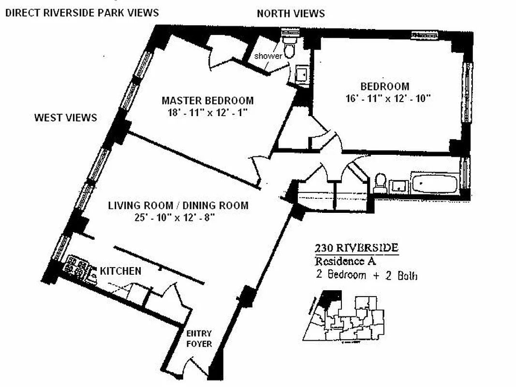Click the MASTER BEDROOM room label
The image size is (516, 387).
[207, 101]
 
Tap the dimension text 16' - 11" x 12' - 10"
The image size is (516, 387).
[384, 98]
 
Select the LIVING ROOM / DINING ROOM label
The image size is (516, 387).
[178, 206]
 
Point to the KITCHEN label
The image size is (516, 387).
[120, 271]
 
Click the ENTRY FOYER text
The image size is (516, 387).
[199, 339]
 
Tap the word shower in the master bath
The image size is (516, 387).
[269, 56]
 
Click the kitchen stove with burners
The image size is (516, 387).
[77, 267]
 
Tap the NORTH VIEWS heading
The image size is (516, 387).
[291, 13]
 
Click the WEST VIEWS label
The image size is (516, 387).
[65, 118]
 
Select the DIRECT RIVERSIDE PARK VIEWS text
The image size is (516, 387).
[82, 13]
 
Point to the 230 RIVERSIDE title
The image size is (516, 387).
[356, 248]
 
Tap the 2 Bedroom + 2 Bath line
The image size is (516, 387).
[366, 276]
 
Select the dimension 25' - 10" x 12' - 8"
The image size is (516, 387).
[178, 218]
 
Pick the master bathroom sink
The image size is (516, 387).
[302, 75]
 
